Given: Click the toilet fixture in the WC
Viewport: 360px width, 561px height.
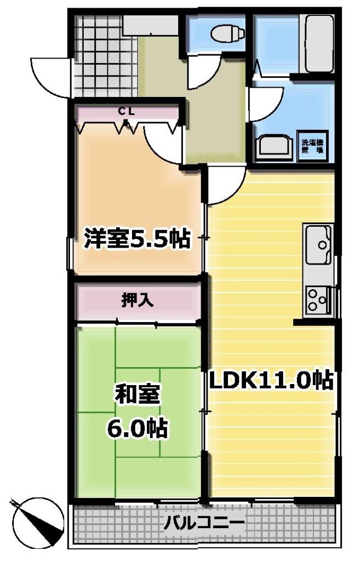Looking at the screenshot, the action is (x=227, y=35).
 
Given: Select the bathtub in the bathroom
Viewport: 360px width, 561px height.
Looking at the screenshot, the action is (x=319, y=44).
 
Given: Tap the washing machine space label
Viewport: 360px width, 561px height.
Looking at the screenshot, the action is (x=312, y=146).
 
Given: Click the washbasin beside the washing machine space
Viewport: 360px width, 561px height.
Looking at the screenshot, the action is (x=273, y=147).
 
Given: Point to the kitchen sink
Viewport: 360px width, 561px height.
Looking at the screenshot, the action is (x=318, y=244).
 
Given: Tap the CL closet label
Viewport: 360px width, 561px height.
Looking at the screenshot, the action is (x=127, y=111).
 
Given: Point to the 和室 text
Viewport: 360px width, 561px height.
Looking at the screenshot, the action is (x=137, y=394).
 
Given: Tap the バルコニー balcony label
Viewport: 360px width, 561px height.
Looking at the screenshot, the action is (x=204, y=524).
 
